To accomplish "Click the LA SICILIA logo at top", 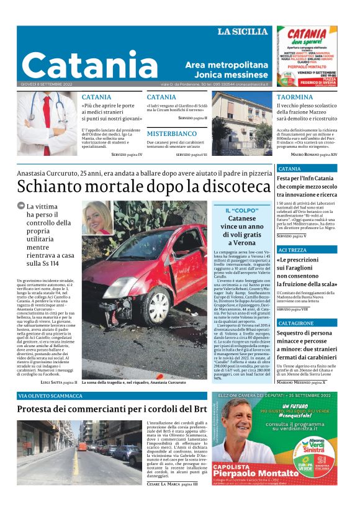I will pos(243,32).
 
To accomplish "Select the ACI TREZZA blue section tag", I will pos(292,250).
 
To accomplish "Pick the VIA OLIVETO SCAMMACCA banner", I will pos(51,396).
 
